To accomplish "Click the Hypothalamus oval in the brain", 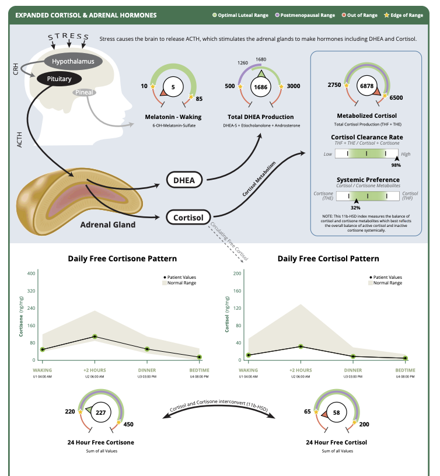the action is [x=73, y=61].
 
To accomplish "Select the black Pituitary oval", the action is [x=59, y=79].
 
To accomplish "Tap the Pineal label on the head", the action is [x=84, y=92].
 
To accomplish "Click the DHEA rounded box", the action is [x=184, y=180].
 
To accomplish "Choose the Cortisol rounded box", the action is [x=188, y=218].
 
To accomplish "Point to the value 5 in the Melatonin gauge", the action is [x=173, y=87].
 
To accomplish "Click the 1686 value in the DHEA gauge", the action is [x=260, y=87].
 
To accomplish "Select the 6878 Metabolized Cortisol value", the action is [x=367, y=86].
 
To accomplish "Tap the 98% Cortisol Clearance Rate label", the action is [x=396, y=165].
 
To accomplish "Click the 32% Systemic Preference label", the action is [x=355, y=208].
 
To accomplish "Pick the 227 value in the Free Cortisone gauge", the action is [x=101, y=412].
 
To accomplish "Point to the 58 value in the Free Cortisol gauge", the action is [x=337, y=412].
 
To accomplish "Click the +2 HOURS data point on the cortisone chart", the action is [x=95, y=337].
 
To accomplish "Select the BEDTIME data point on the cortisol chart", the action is [x=406, y=358].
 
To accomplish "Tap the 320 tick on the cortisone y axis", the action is [x=32, y=291].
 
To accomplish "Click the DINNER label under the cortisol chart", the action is [x=353, y=370].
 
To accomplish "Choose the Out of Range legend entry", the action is [x=359, y=15].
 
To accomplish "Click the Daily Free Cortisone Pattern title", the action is [x=123, y=258].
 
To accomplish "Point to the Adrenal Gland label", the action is [x=108, y=225].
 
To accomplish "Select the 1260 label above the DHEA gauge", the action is [x=243, y=63].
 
